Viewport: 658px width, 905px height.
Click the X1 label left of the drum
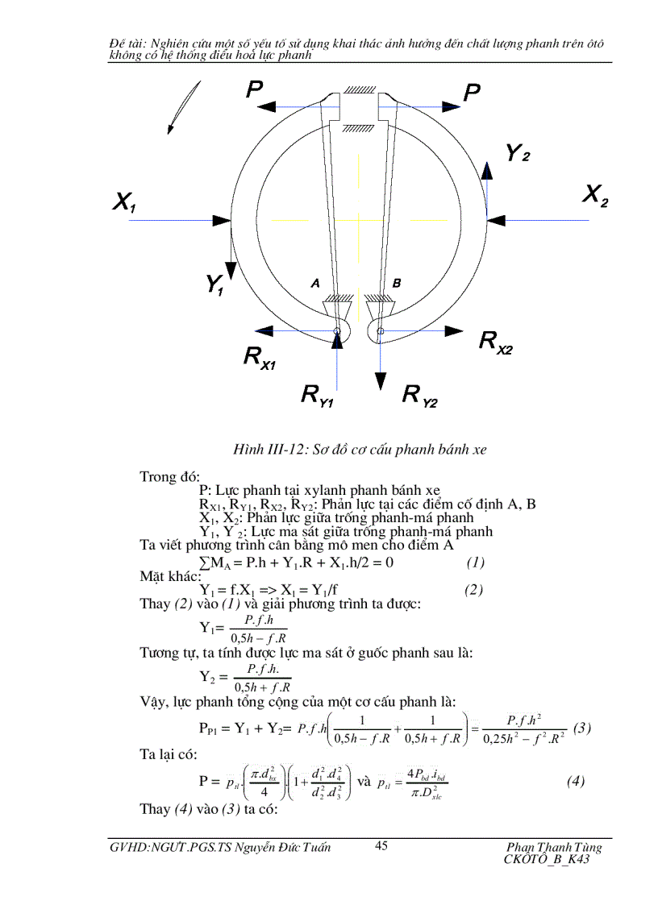(x=124, y=202)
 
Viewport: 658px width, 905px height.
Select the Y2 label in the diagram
(x=517, y=152)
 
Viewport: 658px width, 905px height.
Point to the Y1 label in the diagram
(x=214, y=284)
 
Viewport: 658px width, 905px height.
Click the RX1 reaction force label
(x=260, y=357)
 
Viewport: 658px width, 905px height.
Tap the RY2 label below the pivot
(x=419, y=395)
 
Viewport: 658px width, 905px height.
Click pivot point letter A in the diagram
(x=316, y=283)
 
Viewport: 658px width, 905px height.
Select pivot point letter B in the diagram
(x=396, y=283)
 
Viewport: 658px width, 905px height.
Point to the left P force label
(x=255, y=91)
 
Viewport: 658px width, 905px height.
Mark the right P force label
(x=472, y=93)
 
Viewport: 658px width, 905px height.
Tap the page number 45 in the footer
(x=382, y=845)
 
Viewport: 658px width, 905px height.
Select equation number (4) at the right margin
(x=576, y=781)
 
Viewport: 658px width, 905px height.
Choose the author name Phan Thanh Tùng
(x=554, y=847)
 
